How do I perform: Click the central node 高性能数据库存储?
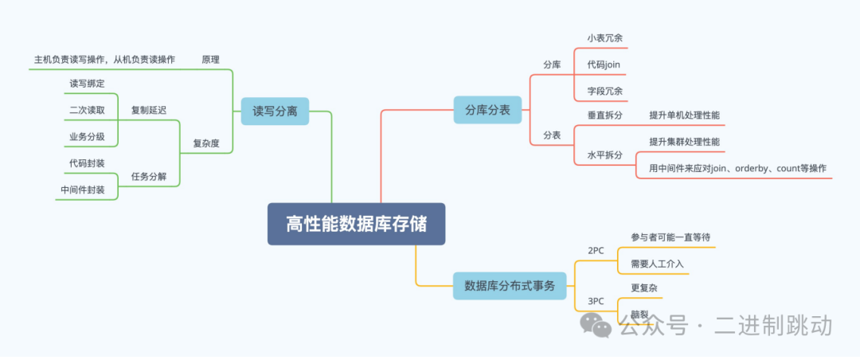356,224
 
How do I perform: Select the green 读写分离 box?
275,112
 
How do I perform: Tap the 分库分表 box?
487,110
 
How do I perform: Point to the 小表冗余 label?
604,37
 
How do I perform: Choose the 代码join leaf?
604,64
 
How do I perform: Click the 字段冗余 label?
604,90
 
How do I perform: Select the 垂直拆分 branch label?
604,115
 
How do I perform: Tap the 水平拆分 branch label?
604,155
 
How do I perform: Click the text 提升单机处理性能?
684,115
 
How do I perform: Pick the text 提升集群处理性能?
684,141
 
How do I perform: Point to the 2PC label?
596,250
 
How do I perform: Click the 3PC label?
596,301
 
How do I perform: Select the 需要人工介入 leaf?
657,263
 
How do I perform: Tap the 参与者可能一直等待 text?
670,237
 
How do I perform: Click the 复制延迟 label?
149,110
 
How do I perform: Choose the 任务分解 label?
149,176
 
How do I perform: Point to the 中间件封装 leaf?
83,190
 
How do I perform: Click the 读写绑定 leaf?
87,83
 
